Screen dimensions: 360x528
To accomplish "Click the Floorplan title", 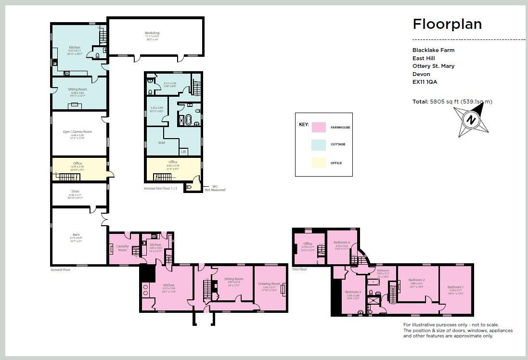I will click(x=447, y=24).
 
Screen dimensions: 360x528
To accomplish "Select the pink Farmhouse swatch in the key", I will click(x=319, y=128).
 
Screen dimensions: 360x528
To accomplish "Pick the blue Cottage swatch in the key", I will click(x=319, y=145).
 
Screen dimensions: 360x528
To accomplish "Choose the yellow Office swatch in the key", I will click(x=319, y=163).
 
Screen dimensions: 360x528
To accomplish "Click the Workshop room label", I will click(x=152, y=33).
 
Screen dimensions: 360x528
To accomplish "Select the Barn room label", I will click(x=76, y=234).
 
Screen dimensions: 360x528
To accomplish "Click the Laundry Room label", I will click(x=122, y=248).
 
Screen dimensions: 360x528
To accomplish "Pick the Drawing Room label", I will click(x=269, y=284).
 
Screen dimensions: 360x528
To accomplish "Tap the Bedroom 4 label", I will click(x=342, y=243).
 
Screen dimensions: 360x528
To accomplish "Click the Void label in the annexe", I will click(x=161, y=143).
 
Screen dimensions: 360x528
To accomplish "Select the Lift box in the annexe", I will click(x=183, y=152).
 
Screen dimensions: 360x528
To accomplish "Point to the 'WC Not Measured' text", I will click(x=214, y=188).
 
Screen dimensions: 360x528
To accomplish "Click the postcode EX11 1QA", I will click(x=425, y=82).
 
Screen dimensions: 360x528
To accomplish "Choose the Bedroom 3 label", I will click(x=353, y=292).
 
